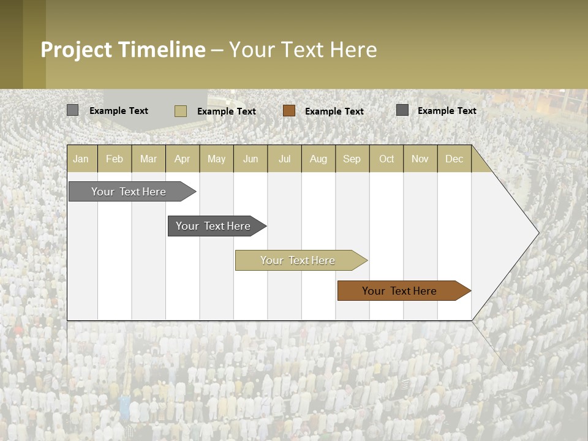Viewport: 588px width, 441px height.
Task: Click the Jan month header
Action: coord(81,159)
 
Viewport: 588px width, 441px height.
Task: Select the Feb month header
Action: coord(115,159)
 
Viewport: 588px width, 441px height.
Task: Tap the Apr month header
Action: coord(182,159)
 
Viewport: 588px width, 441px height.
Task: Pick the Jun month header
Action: coord(251,159)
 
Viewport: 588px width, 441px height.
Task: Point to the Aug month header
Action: coord(318,159)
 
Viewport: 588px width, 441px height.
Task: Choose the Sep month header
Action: coord(352,159)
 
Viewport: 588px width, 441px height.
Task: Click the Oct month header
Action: coord(386,159)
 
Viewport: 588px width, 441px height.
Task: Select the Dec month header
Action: coord(454,159)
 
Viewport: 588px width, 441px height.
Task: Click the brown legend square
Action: coord(289,111)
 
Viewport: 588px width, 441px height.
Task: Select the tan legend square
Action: coord(181,111)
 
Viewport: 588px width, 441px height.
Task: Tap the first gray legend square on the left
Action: coord(72,110)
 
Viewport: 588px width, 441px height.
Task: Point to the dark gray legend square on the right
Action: coord(402,110)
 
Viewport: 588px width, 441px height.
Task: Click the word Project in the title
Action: coord(77,50)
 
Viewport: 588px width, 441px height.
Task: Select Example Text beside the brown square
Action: coord(334,111)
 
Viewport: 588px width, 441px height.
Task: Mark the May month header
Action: coord(216,159)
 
